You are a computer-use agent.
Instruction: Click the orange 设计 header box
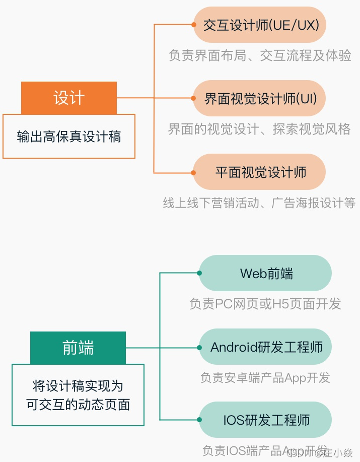(x=69, y=98)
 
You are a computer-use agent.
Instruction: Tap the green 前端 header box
(x=78, y=348)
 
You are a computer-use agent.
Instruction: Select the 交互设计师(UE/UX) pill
(x=260, y=25)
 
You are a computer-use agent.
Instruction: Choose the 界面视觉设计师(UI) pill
(x=260, y=98)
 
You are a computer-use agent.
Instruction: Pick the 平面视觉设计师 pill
(x=260, y=172)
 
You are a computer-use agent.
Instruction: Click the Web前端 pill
(x=266, y=274)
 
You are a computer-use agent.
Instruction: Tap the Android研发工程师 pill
(x=266, y=347)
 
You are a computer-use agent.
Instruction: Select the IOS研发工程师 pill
(x=266, y=420)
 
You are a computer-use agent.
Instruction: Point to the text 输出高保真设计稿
(x=69, y=137)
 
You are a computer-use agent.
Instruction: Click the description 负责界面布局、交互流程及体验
(x=260, y=55)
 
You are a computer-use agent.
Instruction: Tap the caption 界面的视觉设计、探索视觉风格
(x=259, y=129)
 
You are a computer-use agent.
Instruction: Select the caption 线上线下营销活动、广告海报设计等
(x=259, y=203)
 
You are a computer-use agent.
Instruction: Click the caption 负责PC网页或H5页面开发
(x=265, y=304)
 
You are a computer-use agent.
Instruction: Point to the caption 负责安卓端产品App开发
(x=265, y=377)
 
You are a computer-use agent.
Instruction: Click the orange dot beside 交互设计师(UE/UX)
(x=194, y=24)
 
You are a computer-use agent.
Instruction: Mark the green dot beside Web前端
(x=199, y=273)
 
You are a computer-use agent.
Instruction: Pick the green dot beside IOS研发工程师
(x=199, y=420)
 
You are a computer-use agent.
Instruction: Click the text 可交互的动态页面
(x=78, y=404)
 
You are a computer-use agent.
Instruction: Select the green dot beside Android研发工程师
(x=199, y=348)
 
